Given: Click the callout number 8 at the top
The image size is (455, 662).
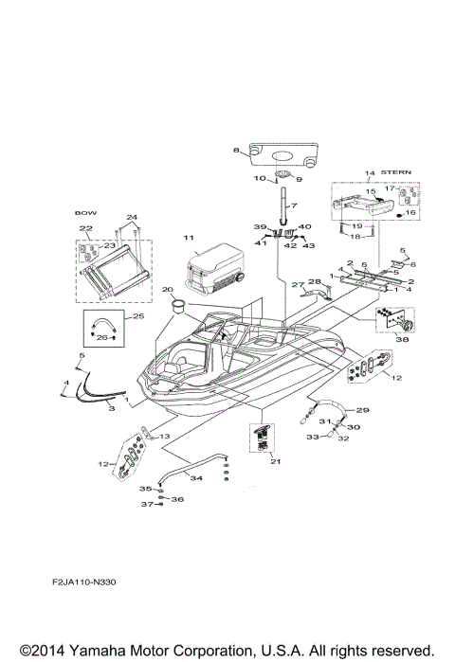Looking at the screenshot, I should (x=236, y=151).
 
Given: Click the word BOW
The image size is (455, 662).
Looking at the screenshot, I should (x=85, y=214).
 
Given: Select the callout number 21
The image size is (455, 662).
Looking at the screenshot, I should (x=276, y=461).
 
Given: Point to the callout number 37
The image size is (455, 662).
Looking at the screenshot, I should (x=147, y=505).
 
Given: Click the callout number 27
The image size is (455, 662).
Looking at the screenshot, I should (x=296, y=283).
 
